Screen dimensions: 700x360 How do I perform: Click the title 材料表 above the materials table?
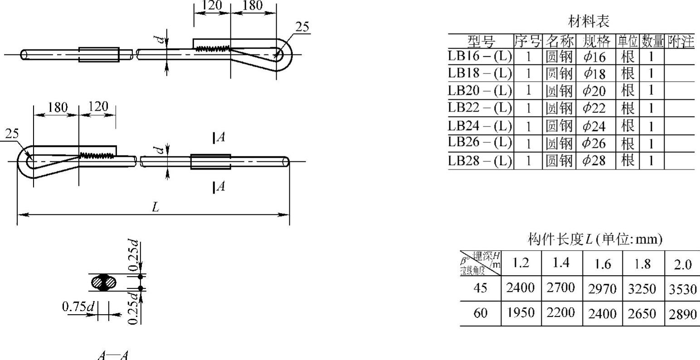[x=589, y=21]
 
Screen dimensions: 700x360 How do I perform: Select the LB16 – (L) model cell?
[x=480, y=56]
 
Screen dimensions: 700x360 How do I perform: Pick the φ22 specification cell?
[x=594, y=108]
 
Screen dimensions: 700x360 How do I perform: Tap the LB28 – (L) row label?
[x=480, y=161]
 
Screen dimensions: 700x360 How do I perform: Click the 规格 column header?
[x=596, y=41]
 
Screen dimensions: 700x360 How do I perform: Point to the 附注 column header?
[x=681, y=41]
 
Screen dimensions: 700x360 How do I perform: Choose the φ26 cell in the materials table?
[x=594, y=143]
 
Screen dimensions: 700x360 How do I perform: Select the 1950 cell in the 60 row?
[x=520, y=312]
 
